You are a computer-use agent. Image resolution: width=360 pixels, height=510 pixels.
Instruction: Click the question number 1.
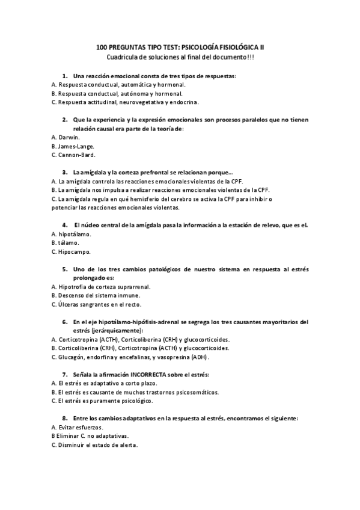[x=64, y=76]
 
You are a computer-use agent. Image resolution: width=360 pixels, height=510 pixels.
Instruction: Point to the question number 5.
[x=64, y=269]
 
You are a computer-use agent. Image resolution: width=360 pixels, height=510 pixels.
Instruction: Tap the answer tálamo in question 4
[x=69, y=243]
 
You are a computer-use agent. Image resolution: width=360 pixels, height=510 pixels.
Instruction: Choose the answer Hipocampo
[x=75, y=251]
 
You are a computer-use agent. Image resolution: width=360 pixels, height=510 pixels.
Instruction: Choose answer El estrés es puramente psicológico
[x=102, y=401]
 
